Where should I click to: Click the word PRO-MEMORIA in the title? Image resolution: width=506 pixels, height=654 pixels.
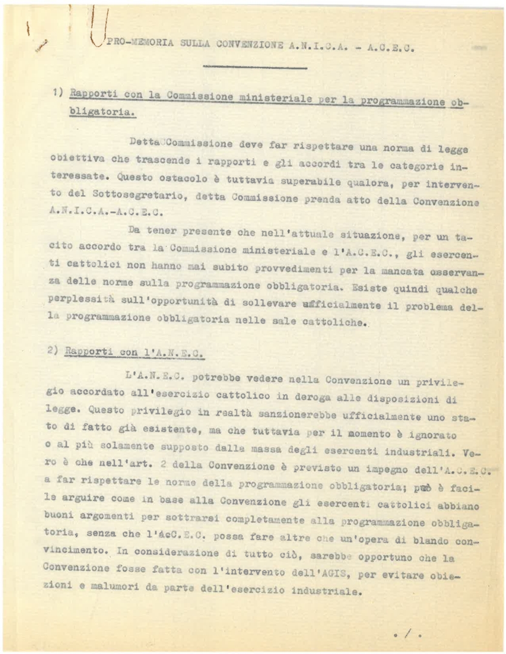tap(134, 45)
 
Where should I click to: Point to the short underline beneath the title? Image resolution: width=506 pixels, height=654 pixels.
tap(255, 67)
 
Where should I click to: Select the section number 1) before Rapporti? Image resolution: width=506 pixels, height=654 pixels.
tap(58, 93)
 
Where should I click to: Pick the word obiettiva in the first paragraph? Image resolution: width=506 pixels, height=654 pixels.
tap(70, 158)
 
